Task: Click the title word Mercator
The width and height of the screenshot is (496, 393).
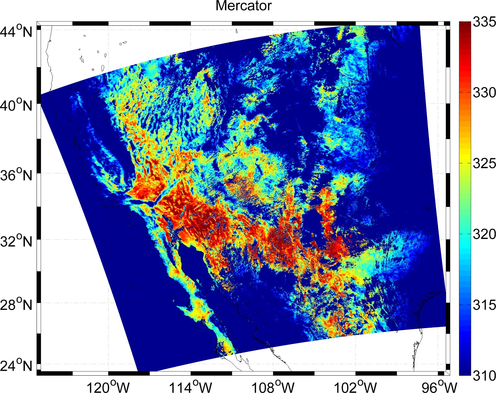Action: coord(243,6)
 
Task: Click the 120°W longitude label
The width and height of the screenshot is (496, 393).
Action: coord(108,386)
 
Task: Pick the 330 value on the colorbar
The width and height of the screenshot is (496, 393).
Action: coord(484,93)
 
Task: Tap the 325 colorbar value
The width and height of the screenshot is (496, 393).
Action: coord(484,164)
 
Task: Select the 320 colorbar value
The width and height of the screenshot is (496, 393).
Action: coord(484,234)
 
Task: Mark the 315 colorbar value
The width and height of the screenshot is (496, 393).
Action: coord(484,305)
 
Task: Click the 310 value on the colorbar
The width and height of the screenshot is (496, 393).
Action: coord(484,376)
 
